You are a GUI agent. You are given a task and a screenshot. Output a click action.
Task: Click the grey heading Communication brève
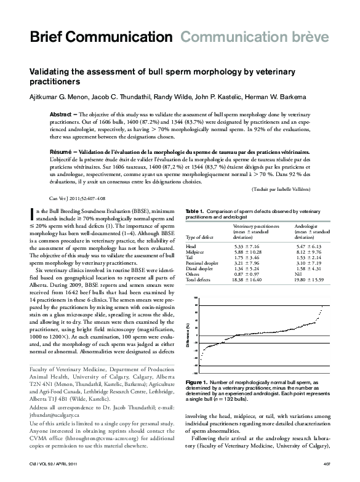(254, 38)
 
